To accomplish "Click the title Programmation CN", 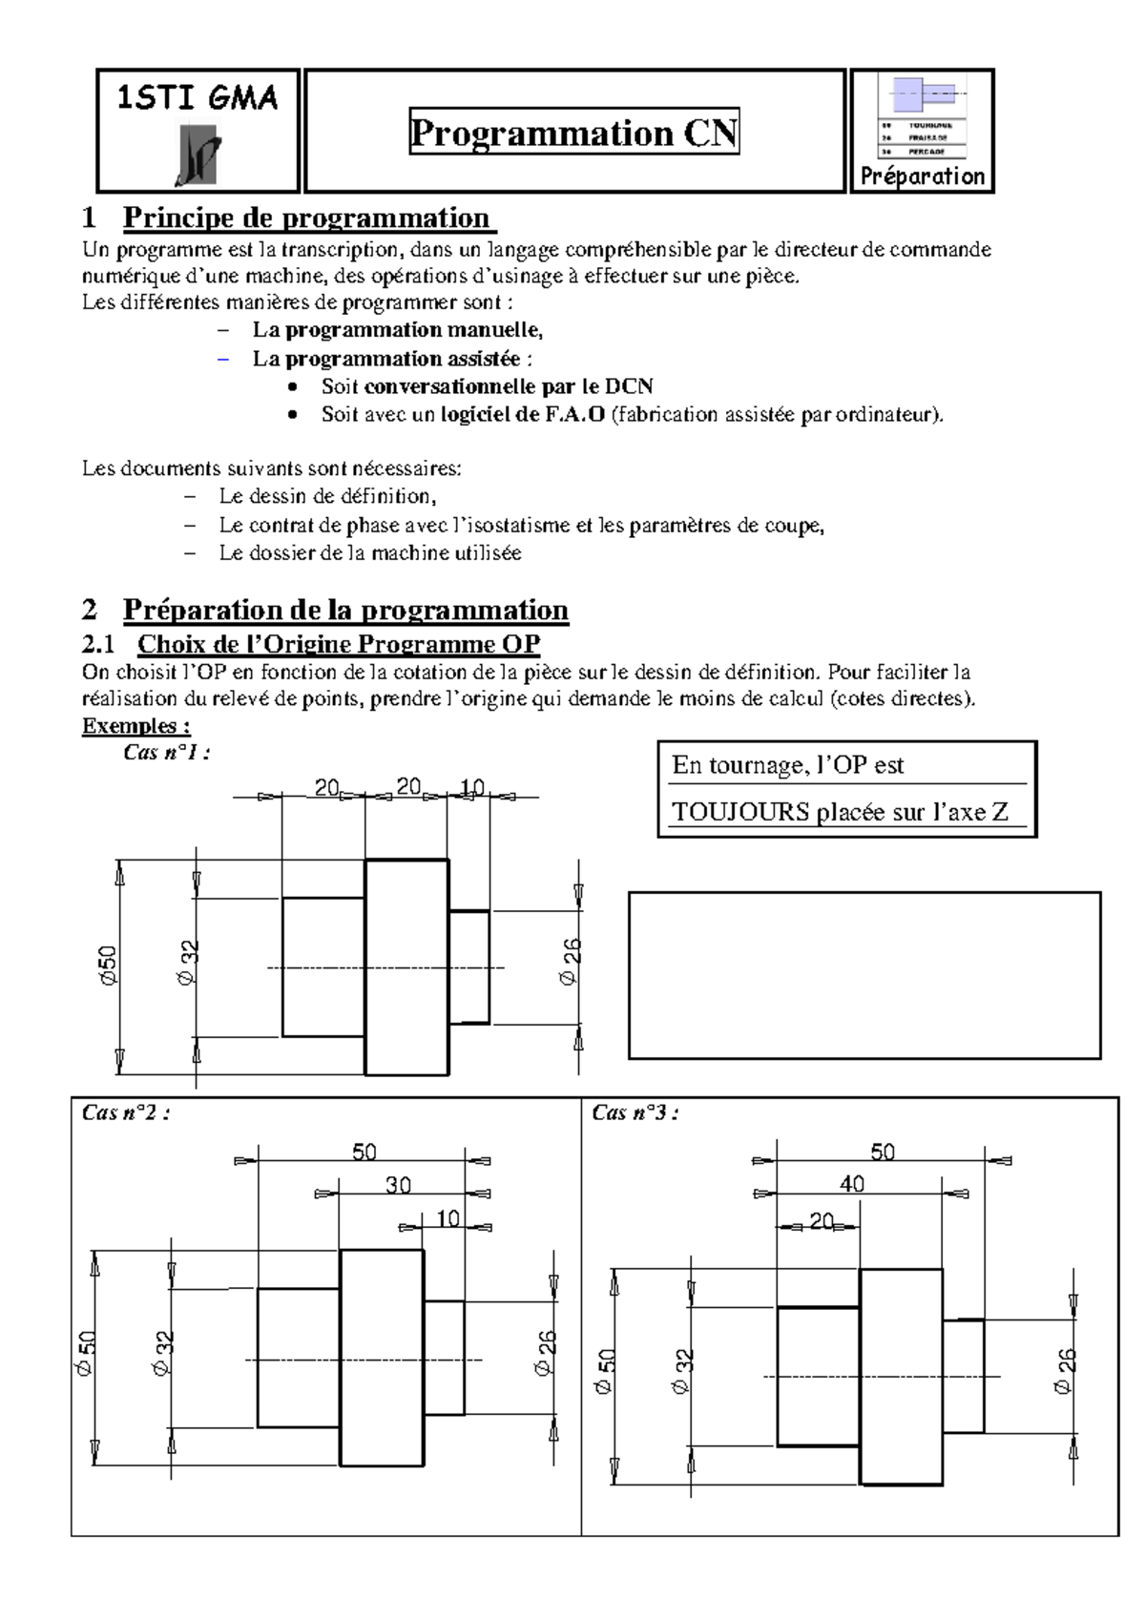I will tap(574, 133).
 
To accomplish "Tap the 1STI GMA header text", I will tap(198, 97).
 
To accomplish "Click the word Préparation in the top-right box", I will tap(922, 176).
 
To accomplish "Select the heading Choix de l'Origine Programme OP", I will tap(339, 644).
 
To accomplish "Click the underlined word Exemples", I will tap(129, 725).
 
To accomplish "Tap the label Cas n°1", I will tap(167, 752).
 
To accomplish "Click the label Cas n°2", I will tap(126, 1112).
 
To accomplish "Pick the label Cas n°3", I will tap(635, 1112).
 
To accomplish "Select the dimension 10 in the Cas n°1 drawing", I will tap(472, 787).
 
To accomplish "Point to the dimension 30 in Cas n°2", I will tap(398, 1185).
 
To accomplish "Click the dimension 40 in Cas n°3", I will tap(852, 1184).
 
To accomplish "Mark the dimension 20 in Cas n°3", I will tap(822, 1220).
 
